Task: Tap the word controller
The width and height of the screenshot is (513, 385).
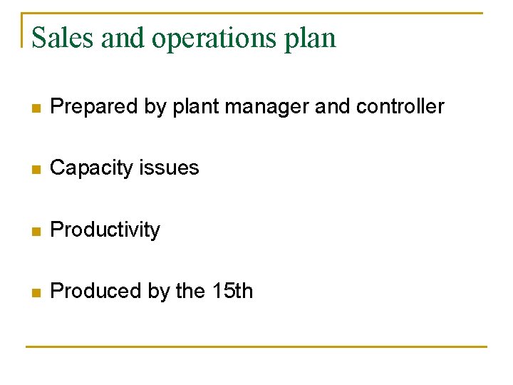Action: tap(400, 107)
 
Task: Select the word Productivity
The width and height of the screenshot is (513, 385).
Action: tap(105, 230)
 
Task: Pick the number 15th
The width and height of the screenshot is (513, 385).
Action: tap(232, 291)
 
